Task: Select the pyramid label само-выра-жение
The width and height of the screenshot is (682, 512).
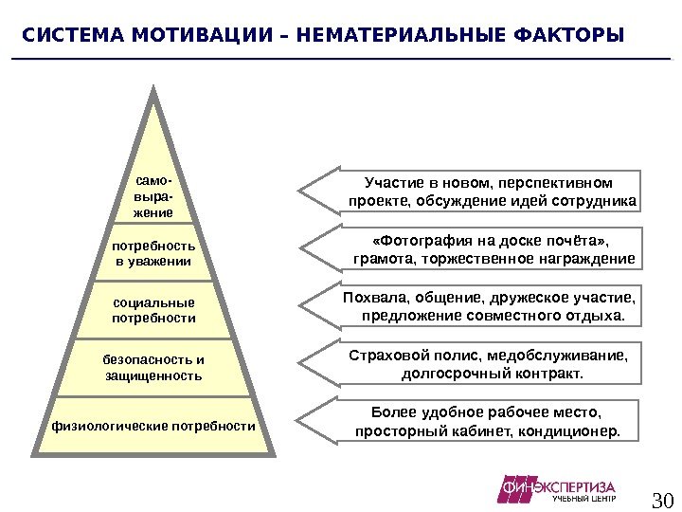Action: pyautogui.click(x=154, y=194)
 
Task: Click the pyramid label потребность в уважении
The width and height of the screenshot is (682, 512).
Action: pyautogui.click(x=154, y=253)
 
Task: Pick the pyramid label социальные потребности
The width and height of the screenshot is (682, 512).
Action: pyautogui.click(x=154, y=310)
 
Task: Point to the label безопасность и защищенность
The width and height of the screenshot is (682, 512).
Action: pyautogui.click(x=154, y=368)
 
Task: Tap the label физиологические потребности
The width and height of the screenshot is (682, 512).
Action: pyautogui.click(x=154, y=426)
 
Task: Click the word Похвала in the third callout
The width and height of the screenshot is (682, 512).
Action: pyautogui.click(x=370, y=298)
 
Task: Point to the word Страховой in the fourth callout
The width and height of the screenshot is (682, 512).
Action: pyautogui.click(x=381, y=356)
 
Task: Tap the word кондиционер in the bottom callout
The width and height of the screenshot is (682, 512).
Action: pyautogui.click(x=579, y=431)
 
